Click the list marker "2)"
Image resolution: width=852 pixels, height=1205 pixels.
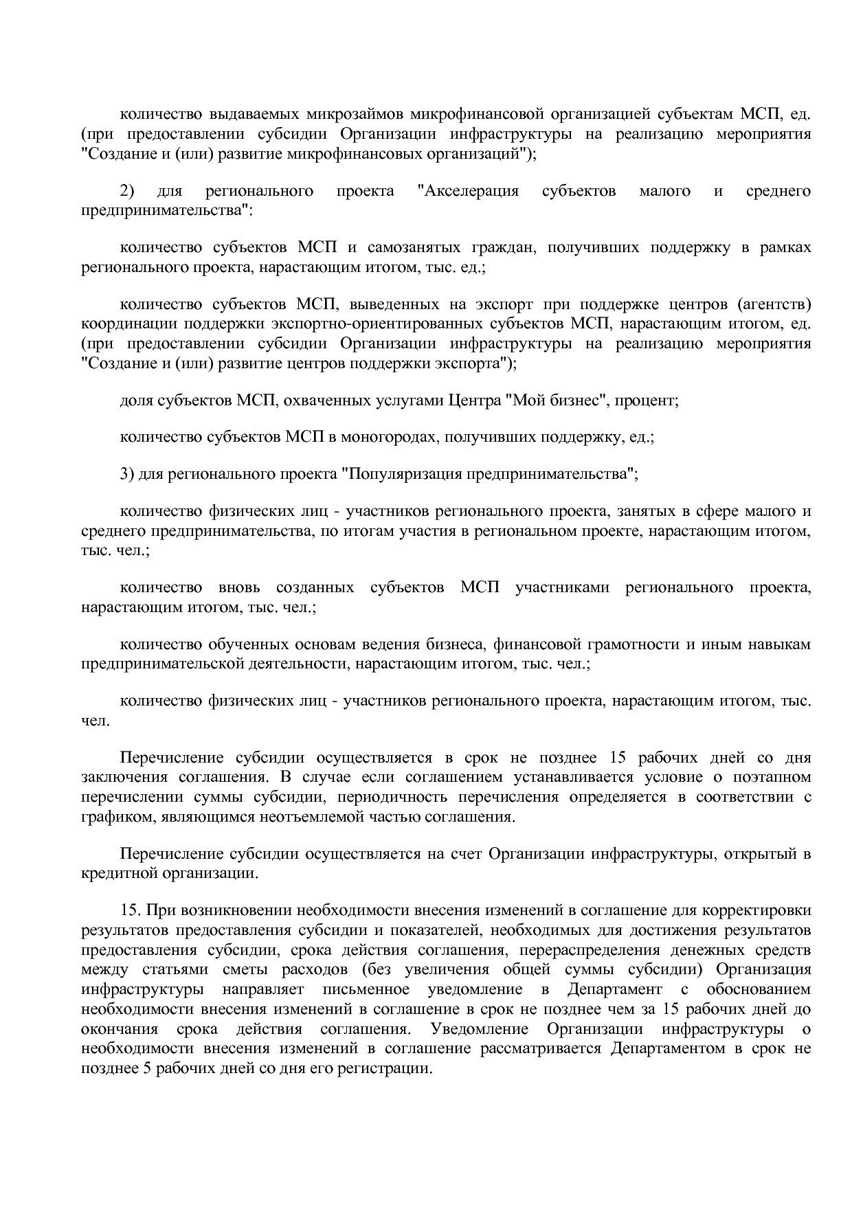[x=127, y=191]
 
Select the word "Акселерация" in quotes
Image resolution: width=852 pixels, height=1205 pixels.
[x=468, y=191]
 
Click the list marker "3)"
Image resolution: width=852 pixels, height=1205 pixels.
[x=127, y=474]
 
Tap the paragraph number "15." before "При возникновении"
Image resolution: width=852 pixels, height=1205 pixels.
[x=131, y=911]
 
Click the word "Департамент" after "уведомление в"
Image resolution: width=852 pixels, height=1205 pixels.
[x=614, y=990]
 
